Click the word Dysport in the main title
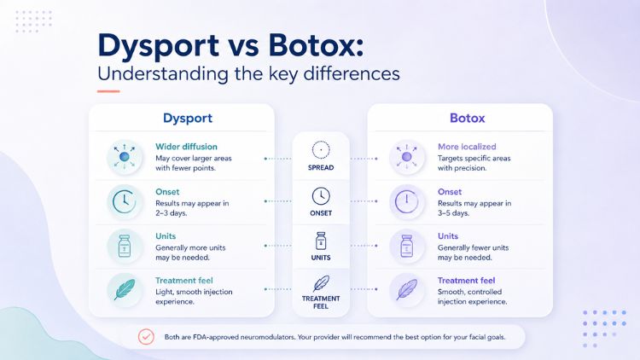(159, 46)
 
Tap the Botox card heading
(467, 118)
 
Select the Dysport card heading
(188, 119)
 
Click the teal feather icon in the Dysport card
(125, 289)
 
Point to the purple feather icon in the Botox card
(406, 289)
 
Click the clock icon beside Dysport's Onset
(124, 201)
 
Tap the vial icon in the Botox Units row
(406, 246)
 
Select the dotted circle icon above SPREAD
(321, 150)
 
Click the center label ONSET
(321, 213)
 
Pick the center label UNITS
(321, 258)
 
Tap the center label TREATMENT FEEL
(321, 303)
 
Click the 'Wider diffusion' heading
(186, 147)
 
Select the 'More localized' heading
(467, 147)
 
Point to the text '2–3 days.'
(171, 213)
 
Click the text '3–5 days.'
(453, 213)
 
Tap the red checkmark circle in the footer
(146, 337)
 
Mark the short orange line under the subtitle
(108, 91)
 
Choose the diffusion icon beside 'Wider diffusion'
(124, 157)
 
